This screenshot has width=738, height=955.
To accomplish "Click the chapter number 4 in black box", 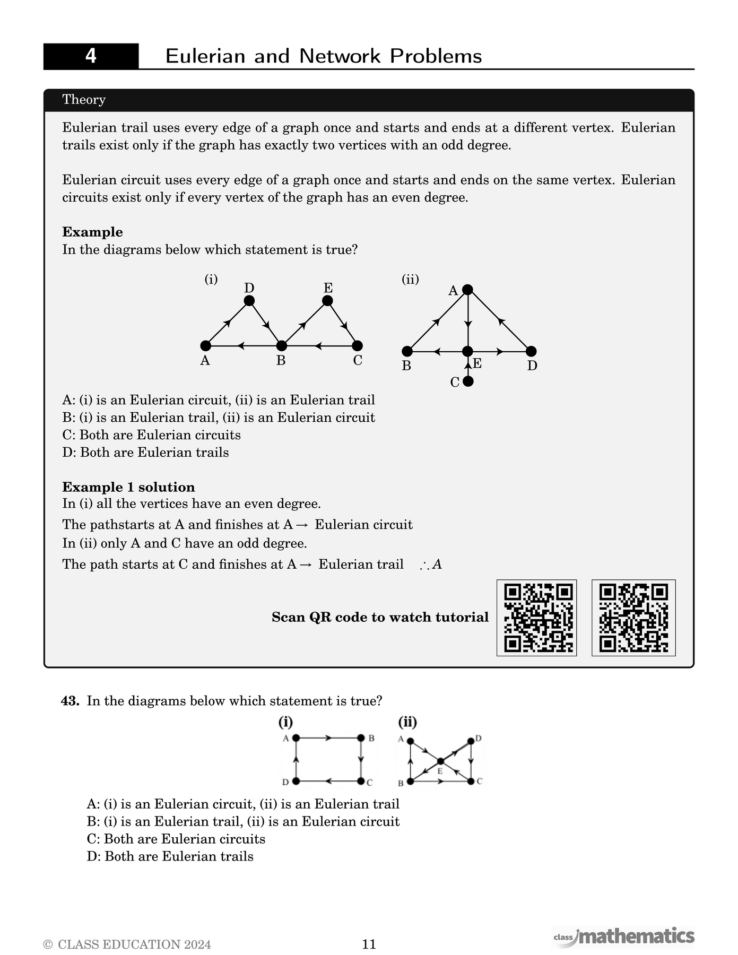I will pos(91,56).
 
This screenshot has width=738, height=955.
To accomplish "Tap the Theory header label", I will pos(84,100).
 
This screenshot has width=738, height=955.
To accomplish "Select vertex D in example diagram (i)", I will pos(249,301).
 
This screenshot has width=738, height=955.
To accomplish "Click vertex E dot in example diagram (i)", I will pos(327,301).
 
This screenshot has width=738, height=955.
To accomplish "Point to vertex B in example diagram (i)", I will pos(282,346).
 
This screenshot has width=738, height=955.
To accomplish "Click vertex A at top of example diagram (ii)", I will pos(467,290).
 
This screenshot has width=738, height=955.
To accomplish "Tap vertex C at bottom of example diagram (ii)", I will pos(467,381).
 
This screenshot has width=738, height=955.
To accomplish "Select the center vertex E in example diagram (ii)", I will pos(467,351).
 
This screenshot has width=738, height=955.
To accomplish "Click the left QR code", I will pos(536,618).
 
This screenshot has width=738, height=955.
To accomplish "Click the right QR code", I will pos(633,618).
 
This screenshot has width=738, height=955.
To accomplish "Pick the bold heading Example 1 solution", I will pos(128,487).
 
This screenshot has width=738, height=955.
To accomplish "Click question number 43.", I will pos(70,701).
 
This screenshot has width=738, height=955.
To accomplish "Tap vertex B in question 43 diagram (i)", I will pos(361,738).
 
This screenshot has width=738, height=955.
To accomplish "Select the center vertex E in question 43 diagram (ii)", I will pos(440,761).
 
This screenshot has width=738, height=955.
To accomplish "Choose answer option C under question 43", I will pos(176,839).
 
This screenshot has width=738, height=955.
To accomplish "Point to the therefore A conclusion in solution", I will pos(431,565).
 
